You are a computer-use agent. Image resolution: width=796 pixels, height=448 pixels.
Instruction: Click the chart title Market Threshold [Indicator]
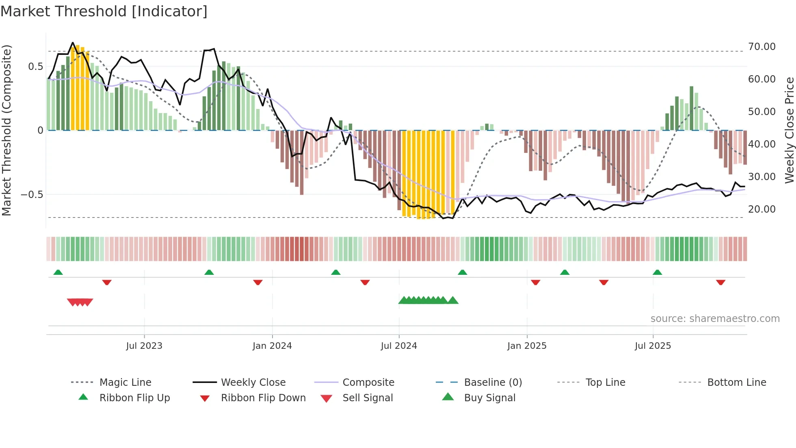tap(104, 11)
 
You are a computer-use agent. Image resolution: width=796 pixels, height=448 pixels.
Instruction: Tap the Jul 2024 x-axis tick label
tap(399, 346)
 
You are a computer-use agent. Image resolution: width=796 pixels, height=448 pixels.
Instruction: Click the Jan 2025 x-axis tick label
tap(527, 346)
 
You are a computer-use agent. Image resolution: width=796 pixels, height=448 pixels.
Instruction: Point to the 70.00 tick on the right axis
tap(761, 47)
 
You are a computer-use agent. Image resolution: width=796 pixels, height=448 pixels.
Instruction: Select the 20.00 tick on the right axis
tap(761, 209)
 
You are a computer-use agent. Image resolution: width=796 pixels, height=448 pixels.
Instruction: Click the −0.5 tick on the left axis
tap(32, 195)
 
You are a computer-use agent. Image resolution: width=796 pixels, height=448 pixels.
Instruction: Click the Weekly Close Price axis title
tap(789, 130)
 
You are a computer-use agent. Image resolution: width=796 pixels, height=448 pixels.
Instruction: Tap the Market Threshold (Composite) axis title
tap(6, 130)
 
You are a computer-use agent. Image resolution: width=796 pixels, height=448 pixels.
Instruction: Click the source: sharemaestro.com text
tap(715, 319)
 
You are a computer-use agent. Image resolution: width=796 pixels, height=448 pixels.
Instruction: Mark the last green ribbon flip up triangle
tap(657, 272)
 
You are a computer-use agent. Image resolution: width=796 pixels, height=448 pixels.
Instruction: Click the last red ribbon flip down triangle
tap(720, 282)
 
